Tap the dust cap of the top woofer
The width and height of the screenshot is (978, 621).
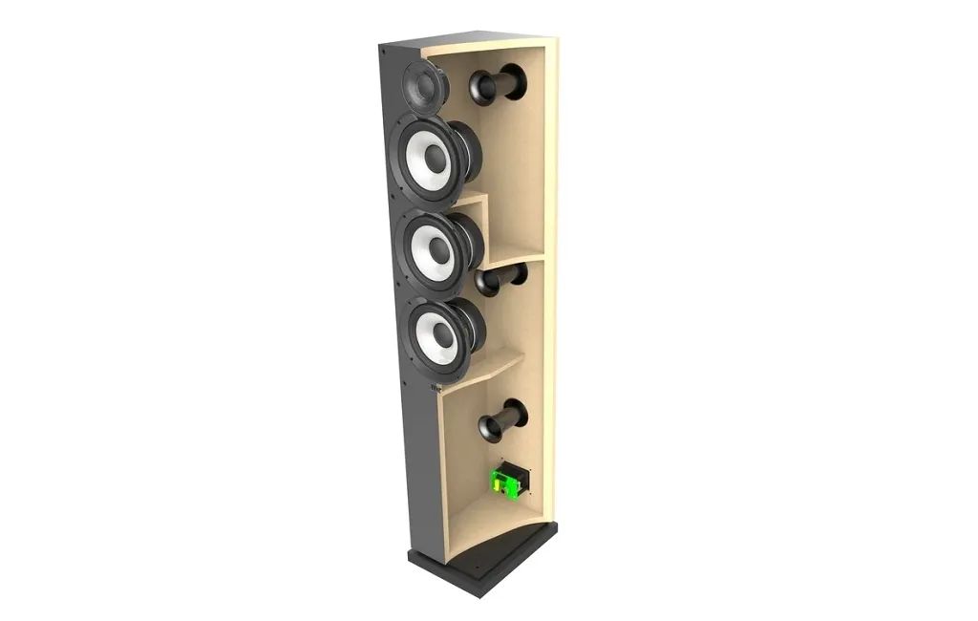pos(436,159)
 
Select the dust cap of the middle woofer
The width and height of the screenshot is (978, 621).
pos(439,250)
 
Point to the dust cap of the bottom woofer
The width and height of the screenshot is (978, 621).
pos(442,333)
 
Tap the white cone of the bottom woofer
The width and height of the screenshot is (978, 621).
pos(428,347)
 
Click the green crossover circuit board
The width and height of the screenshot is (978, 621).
pos(504,481)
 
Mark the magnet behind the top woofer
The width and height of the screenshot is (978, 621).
pos(469,151)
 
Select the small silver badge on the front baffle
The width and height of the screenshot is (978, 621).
pos(436,386)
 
